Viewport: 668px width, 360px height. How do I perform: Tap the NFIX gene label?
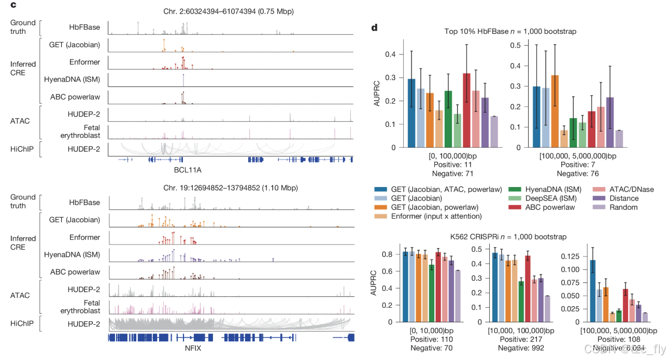(193, 348)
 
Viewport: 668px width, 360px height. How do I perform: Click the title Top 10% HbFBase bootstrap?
(510, 32)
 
